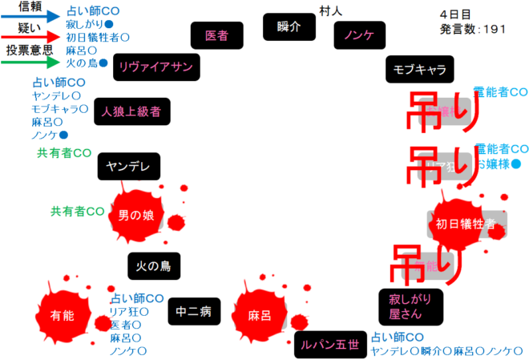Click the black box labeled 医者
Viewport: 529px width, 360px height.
coord(216,35)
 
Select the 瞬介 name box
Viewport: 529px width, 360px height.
coord(289,26)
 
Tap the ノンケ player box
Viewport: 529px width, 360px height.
coord(359,35)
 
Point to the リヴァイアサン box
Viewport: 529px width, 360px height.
coord(155,67)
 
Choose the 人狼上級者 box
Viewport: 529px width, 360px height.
coord(131,111)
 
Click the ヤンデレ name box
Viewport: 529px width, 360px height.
coord(129,168)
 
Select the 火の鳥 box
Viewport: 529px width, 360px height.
coord(153,265)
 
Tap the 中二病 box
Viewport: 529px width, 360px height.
coord(194,312)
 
